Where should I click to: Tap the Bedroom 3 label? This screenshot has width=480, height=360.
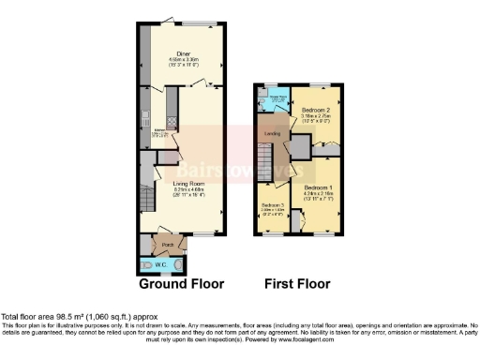[x=272, y=205]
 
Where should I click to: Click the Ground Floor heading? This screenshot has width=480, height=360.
[x=178, y=283]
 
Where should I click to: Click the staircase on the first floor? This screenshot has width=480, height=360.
[x=265, y=160]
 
